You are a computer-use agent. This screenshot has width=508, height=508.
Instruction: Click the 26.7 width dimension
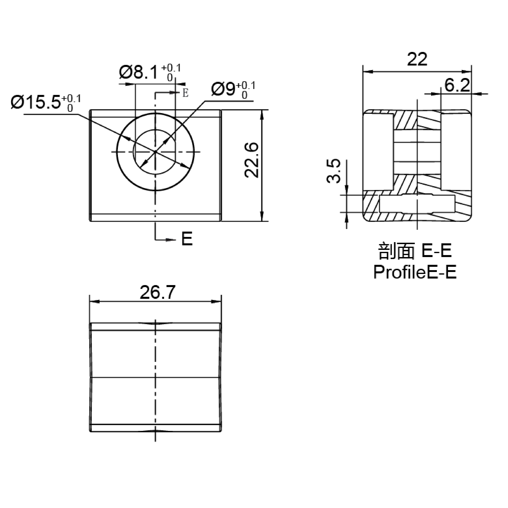157,292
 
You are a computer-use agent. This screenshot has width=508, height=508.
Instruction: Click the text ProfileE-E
415,272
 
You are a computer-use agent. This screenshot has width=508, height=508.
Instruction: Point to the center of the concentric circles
156,152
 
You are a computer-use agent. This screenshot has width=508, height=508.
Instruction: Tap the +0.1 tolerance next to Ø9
246,86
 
